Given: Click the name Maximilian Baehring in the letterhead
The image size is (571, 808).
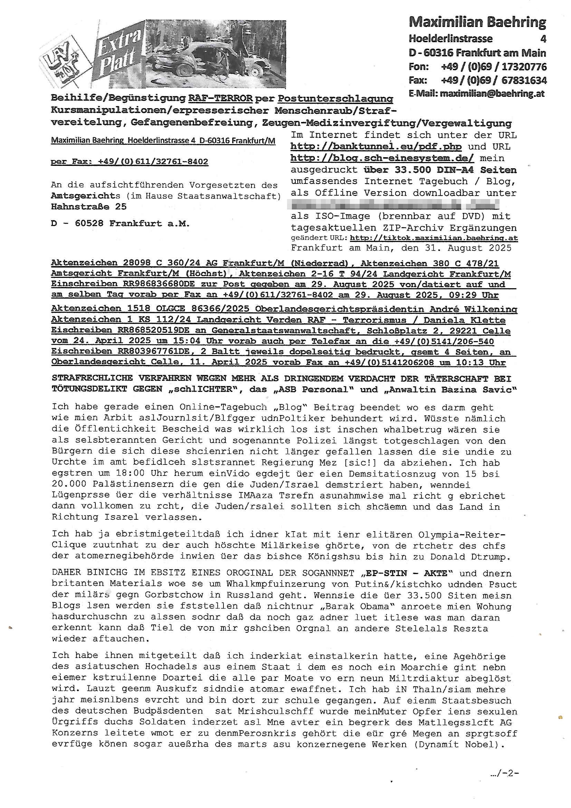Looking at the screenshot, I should [477, 22].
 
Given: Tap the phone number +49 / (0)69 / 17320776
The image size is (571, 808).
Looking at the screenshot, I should [494, 66].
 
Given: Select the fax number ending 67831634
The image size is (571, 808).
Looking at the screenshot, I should [494, 80].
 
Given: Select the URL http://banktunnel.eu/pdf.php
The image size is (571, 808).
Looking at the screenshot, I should [376, 147].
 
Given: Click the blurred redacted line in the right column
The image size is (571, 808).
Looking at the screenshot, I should [394, 204].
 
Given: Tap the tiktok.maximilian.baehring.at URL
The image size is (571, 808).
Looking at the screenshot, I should [434, 238].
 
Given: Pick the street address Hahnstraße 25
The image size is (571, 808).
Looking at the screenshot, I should [89, 207].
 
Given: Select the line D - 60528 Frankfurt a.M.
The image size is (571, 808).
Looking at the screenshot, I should [120, 224].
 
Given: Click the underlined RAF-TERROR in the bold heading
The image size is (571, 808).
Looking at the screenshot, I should [220, 98].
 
